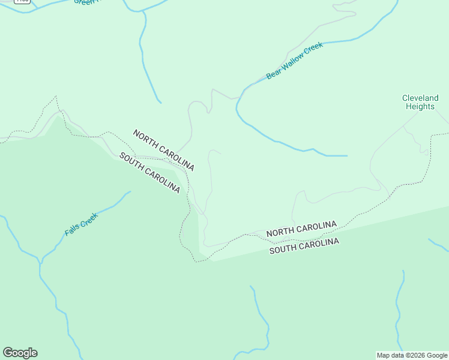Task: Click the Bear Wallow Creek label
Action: [295, 61]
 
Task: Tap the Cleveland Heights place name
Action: [420, 102]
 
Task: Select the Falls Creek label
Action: [80, 225]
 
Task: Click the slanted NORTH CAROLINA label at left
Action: [163, 150]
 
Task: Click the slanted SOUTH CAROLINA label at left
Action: [149, 172]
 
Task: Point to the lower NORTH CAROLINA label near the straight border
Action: [301, 229]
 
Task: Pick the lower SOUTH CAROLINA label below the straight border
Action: [304, 246]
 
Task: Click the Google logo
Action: [20, 353]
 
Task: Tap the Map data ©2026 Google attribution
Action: [412, 355]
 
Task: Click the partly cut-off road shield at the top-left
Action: [22, 1]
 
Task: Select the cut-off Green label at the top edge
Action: [84, 2]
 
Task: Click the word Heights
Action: [420, 106]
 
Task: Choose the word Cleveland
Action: [420, 98]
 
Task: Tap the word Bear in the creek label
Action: [273, 74]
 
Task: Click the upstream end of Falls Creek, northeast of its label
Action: [130, 192]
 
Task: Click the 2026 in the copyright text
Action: [415, 355]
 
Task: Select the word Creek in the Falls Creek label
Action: [89, 220]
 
